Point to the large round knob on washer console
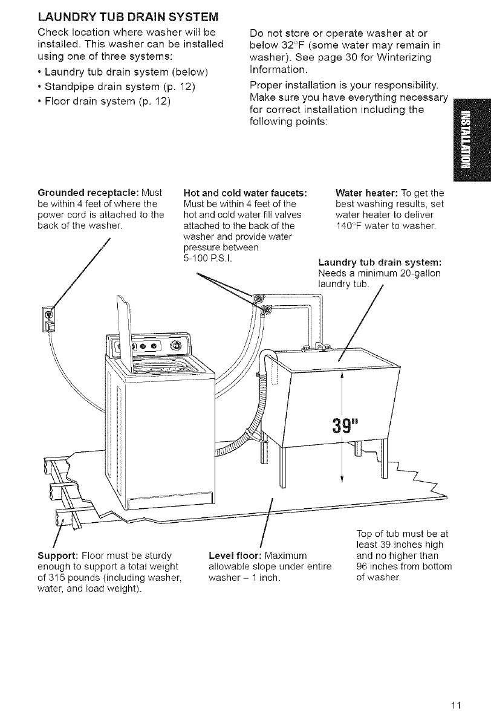click(177, 345)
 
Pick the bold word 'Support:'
click(51, 555)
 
